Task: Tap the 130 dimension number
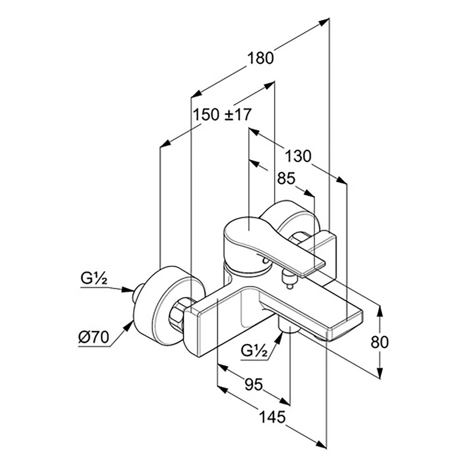298,156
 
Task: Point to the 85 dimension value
286,179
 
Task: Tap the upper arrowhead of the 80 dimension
380,311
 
